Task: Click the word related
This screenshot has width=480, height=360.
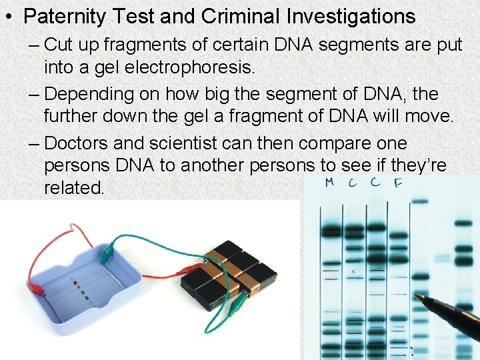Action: pyautogui.click(x=73, y=188)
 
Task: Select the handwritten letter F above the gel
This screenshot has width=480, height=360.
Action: pyautogui.click(x=398, y=184)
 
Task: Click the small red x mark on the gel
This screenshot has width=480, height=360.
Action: pyautogui.click(x=354, y=271)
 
